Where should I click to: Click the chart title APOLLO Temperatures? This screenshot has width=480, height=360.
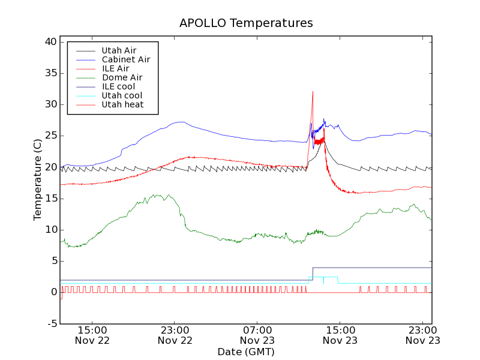coord(246,23)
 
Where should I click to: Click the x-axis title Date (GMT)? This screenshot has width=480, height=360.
coord(246,352)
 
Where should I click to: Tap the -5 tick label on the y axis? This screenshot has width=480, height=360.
coord(52,323)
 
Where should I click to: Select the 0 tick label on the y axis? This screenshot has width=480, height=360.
coord(54,292)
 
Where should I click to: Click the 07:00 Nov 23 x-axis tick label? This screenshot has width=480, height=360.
coord(257,335)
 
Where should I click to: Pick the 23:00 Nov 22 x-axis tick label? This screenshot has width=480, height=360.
coord(175,335)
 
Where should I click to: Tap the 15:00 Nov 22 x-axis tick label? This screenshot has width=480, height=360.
coord(92,335)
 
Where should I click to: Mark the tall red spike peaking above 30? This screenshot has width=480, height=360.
coord(313,93)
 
